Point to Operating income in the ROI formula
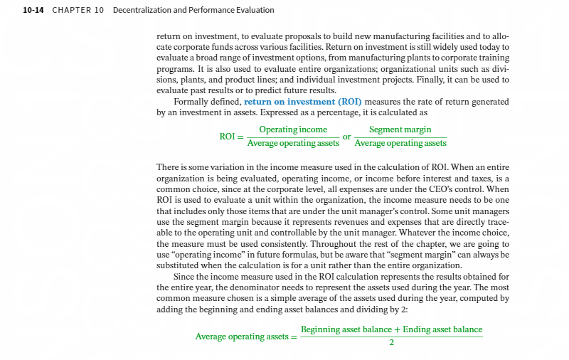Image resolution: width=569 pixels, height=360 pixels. pyautogui.click(x=293, y=129)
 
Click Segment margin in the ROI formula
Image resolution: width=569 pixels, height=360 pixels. pyautogui.click(x=400, y=129)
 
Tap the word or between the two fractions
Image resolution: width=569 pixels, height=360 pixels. pyautogui.click(x=347, y=136)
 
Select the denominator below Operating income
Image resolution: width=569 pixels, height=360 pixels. pyautogui.click(x=293, y=143)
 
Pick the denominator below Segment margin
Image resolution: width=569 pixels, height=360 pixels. pyautogui.click(x=400, y=143)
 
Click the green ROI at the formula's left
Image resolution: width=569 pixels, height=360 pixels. pyautogui.click(x=228, y=137)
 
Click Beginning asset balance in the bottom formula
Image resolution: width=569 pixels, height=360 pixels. pyautogui.click(x=345, y=329)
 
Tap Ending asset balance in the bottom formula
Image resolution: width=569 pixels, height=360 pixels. pyautogui.click(x=442, y=329)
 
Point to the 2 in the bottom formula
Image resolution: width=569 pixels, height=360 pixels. pyautogui.click(x=391, y=343)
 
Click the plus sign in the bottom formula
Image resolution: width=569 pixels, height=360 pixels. pyautogui.click(x=397, y=329)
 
